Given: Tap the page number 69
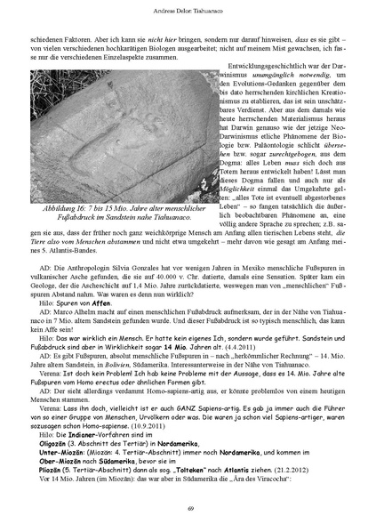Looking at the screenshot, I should click(x=188, y=508).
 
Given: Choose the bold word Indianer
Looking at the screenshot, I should click(x=95, y=436).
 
